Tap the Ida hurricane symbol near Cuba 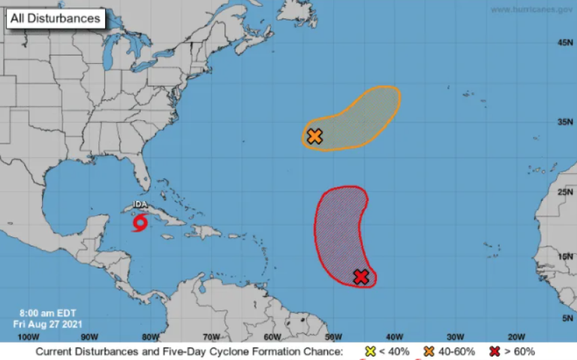[x=141, y=222]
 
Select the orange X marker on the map [x=314, y=137]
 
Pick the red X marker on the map [x=361, y=276]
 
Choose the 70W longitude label [x=211, y=336]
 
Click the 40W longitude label [x=394, y=336]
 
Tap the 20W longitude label [x=517, y=336]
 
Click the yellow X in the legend [x=371, y=351]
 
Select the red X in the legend [x=494, y=351]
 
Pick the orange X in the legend [x=428, y=351]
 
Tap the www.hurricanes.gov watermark [x=532, y=9]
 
